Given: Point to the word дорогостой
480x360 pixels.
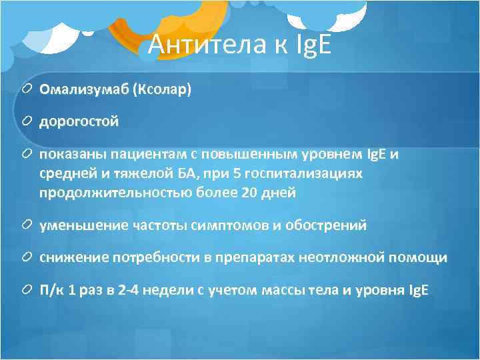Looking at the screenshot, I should (78, 121).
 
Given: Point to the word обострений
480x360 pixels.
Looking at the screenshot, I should (326, 225).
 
